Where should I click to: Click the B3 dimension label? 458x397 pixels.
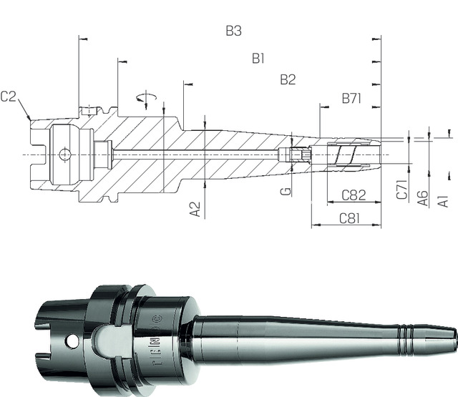pyautogui.click(x=233, y=31)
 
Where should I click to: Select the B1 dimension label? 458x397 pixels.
pyautogui.click(x=258, y=58)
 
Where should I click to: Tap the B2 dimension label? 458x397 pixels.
pyautogui.click(x=288, y=79)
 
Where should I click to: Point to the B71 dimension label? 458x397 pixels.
pyautogui.click(x=351, y=98)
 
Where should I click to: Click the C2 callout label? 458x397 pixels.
pyautogui.click(x=9, y=96)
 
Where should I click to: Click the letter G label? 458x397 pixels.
pyautogui.click(x=286, y=192)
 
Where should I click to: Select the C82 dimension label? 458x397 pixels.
pyautogui.click(x=354, y=195)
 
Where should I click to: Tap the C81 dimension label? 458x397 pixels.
pyautogui.click(x=349, y=217)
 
